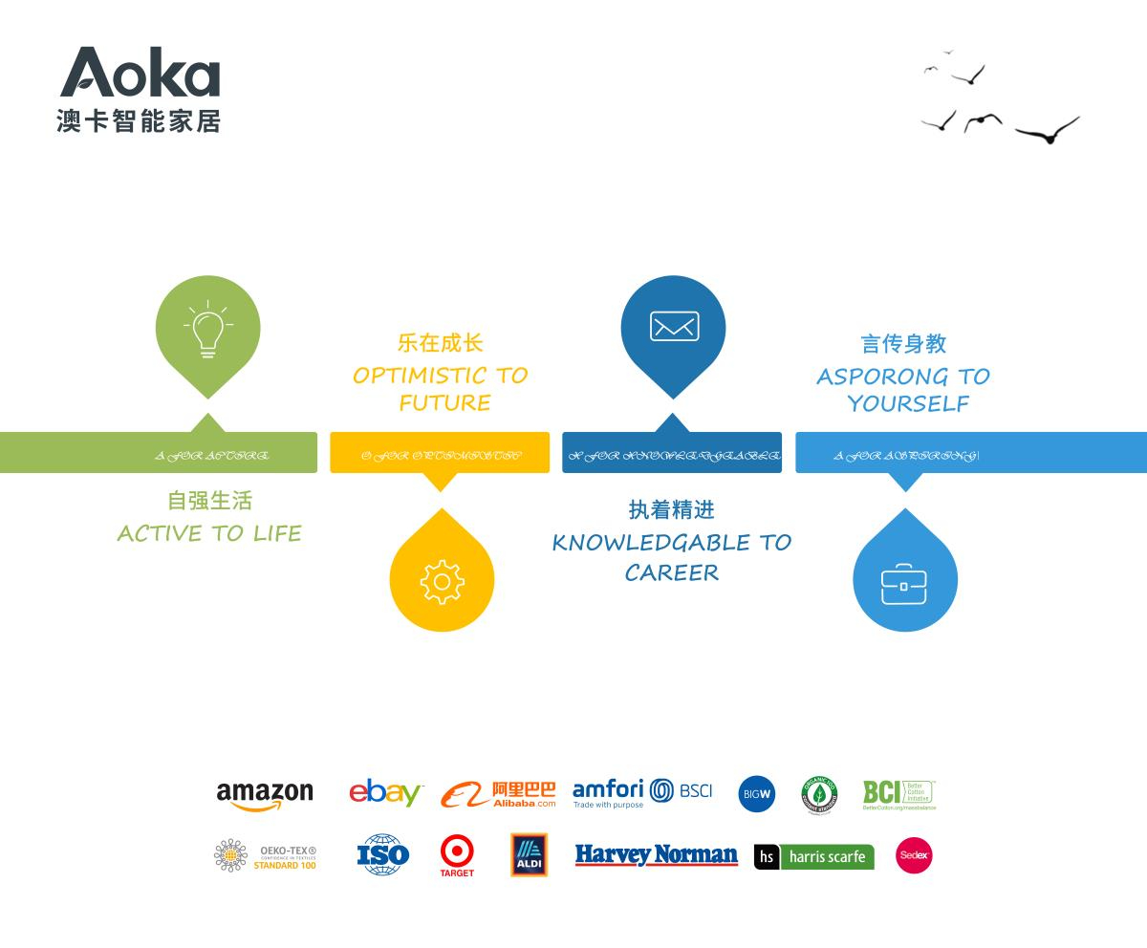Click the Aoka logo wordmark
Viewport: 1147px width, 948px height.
[x=141, y=73]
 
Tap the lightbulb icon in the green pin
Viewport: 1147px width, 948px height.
[x=208, y=330]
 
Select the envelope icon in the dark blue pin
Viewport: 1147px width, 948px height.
[x=674, y=327]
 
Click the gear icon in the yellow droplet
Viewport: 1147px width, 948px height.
[x=442, y=581]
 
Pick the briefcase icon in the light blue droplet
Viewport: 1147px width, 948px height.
[x=904, y=582]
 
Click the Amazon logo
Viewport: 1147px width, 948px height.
[x=265, y=795]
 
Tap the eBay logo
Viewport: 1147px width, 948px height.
[x=385, y=793]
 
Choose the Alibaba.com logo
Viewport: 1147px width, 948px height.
[x=498, y=794]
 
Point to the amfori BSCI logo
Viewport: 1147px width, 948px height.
[x=642, y=792]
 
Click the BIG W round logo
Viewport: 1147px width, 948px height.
[x=756, y=794]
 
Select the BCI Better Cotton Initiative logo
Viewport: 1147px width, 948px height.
[x=899, y=794]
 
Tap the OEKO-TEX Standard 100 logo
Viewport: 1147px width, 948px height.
[x=265, y=855]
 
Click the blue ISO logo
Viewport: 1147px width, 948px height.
[x=383, y=854]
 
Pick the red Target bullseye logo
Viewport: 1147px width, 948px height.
[x=457, y=852]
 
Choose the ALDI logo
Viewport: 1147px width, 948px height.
[x=529, y=854]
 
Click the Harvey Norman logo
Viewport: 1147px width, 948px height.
[x=656, y=855]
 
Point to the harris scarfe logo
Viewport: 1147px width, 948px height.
[x=814, y=857]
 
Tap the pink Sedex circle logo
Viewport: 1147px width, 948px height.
[x=914, y=855]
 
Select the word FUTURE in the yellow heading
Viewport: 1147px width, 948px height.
[x=445, y=403]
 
